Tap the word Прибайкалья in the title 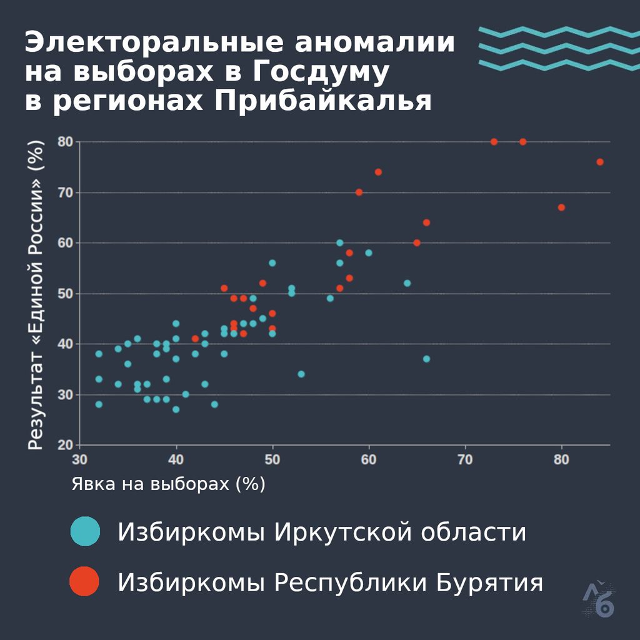pos(323,101)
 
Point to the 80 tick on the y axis pos(65,142)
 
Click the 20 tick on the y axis pos(65,445)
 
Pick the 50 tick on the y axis pos(65,294)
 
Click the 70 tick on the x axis pos(465,460)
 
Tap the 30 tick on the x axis pos(79,460)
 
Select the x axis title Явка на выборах pos(150,484)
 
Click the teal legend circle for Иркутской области pos(85,531)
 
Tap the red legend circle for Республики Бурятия pos(84,581)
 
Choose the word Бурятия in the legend pos(489,582)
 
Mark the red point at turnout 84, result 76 pos(600,162)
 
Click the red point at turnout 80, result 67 pos(561,207)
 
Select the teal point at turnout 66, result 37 pos(426,359)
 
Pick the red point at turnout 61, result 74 pos(378,172)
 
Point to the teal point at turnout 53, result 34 pos(301,374)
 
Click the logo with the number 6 pos(599,599)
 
